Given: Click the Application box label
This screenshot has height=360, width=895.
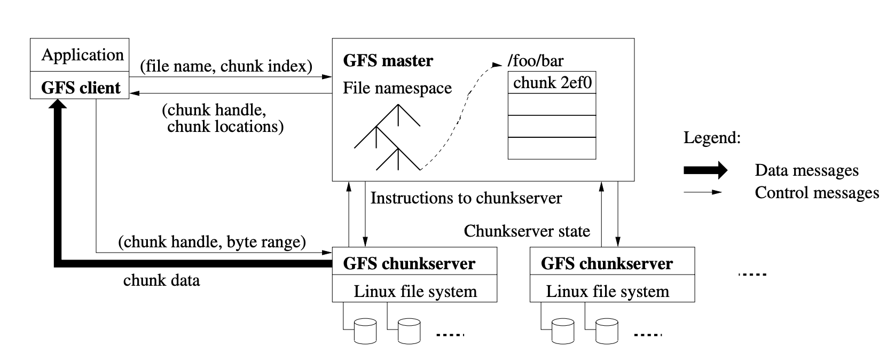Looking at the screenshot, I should (82, 55).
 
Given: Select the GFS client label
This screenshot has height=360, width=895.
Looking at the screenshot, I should (81, 88).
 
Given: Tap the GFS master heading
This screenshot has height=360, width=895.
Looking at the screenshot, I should (388, 60).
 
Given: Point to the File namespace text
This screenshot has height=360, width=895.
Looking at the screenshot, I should (397, 88).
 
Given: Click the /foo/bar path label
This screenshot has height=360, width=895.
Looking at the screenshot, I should (535, 60).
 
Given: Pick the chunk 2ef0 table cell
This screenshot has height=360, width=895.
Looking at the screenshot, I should (552, 83).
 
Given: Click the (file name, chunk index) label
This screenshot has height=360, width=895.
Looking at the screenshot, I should (226, 66).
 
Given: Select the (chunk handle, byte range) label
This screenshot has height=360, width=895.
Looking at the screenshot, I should (212, 242).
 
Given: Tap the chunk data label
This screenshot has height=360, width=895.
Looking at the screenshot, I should (161, 280).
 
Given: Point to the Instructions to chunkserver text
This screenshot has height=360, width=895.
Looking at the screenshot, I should (466, 198).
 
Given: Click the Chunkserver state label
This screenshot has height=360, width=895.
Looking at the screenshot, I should (527, 231).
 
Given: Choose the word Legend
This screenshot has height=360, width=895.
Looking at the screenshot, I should (712, 138).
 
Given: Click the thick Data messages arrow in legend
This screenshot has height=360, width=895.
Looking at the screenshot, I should (705, 170).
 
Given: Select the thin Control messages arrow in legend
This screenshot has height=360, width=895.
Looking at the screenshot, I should (703, 192).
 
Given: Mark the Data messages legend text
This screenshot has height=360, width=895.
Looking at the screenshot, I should (806, 170).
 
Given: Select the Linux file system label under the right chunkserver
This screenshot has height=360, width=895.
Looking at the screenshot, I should (607, 292).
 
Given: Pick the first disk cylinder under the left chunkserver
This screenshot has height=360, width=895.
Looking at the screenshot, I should (365, 331).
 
